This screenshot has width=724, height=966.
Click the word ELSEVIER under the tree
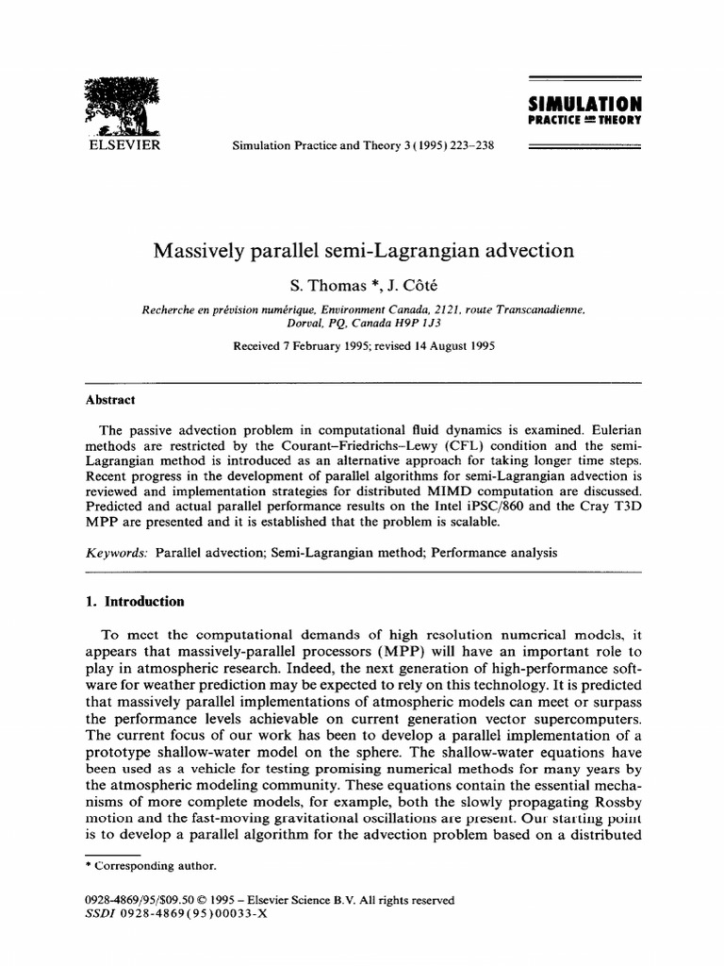123,145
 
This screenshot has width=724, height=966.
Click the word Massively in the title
195,251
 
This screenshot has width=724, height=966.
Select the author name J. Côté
391,284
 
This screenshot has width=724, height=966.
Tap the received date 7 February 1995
326,345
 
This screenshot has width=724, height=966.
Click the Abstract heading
110,399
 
